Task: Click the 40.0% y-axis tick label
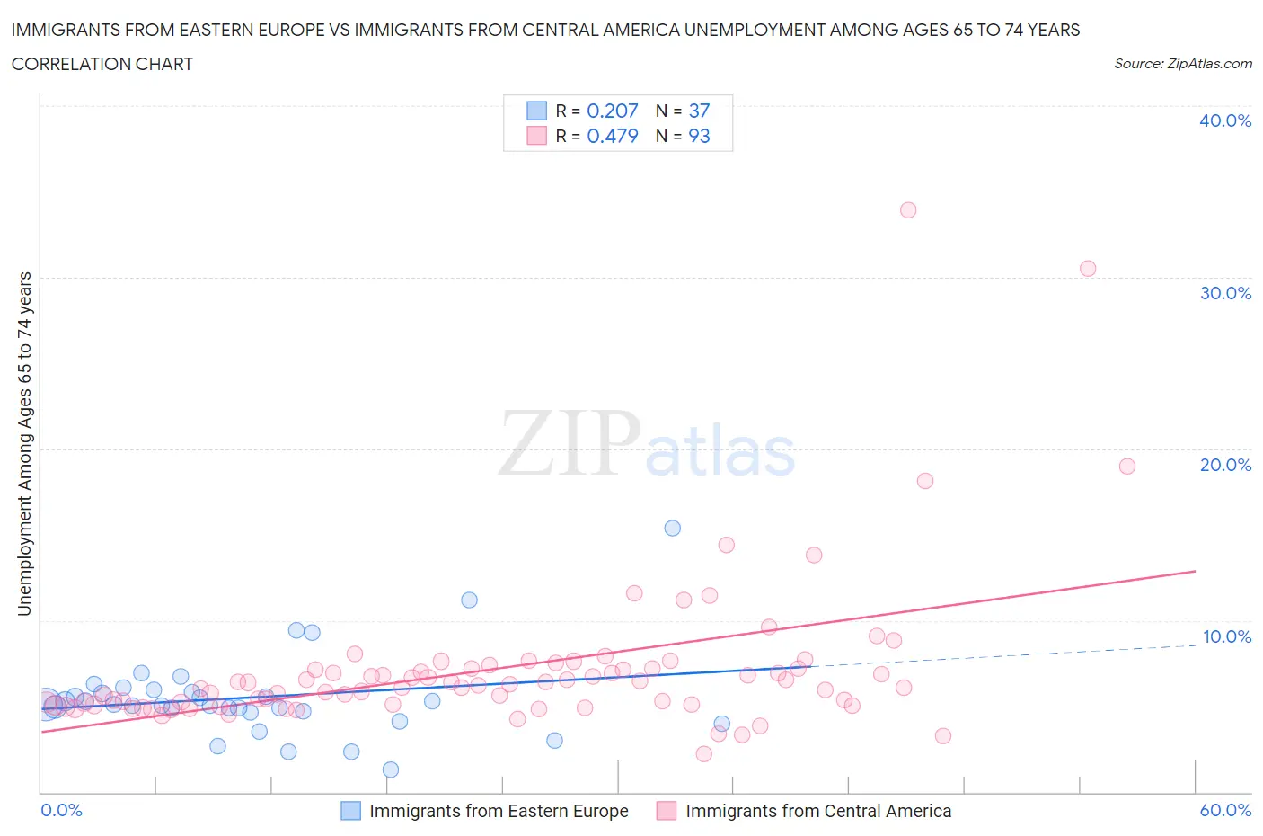tap(1225, 120)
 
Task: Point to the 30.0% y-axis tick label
tap(1225, 293)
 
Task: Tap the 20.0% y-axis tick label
tap(1225, 465)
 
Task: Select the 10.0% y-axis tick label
tap(1226, 636)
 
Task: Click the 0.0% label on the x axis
tap(62, 810)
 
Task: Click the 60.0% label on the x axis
tap(1225, 810)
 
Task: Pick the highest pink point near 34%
tap(908, 210)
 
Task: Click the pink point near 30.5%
tap(1088, 269)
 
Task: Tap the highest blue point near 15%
tap(672, 529)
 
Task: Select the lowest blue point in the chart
tap(391, 769)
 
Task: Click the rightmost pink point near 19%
tap(1127, 467)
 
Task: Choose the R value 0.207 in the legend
tap(612, 111)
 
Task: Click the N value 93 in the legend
tap(699, 136)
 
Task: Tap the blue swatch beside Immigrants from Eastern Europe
tap(350, 811)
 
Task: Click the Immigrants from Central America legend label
tap(818, 811)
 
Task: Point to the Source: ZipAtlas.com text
tap(1182, 64)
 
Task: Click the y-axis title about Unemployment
tap(25, 444)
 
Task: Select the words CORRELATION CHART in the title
tap(102, 64)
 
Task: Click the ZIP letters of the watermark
tap(570, 443)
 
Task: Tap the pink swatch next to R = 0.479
tap(536, 136)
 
